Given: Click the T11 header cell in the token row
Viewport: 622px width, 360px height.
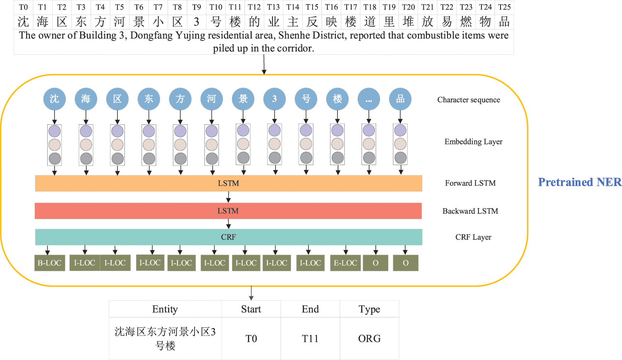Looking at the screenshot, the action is pos(235,7).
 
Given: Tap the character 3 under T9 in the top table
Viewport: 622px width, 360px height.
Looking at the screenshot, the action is pos(196,22).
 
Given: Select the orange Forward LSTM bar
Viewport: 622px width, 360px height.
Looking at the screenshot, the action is pos(228,183).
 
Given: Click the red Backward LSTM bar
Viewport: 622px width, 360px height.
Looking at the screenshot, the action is pos(228,211).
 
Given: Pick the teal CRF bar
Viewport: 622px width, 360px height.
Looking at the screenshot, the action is pos(228,237).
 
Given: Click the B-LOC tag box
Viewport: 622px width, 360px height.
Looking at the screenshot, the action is pos(50,263).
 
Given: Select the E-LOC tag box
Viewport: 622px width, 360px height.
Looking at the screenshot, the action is pos(345,263).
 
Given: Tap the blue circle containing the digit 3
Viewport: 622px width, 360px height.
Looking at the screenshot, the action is pos(275,99).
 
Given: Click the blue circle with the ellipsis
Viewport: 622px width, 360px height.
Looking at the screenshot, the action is pos(369,99).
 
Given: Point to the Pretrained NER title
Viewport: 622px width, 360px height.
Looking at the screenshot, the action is pos(580,182).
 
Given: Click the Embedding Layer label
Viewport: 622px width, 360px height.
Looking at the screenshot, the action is pos(473,142).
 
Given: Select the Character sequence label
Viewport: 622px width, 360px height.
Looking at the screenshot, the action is pos(469,100).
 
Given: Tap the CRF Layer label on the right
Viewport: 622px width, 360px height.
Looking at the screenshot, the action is pos(473,237).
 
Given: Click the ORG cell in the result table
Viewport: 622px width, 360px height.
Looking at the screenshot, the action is pos(369,338).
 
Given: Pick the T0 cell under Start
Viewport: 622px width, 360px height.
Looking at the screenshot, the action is pos(251,338).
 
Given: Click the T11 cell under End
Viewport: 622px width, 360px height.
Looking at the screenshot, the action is pos(310,338).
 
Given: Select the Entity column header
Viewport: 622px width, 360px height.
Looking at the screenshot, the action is pos(165,309).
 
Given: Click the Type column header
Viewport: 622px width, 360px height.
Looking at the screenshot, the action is pos(369,309).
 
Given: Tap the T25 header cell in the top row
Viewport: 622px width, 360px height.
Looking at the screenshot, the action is pos(504,7).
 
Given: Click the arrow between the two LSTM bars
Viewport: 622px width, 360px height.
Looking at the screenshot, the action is pos(228,197).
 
